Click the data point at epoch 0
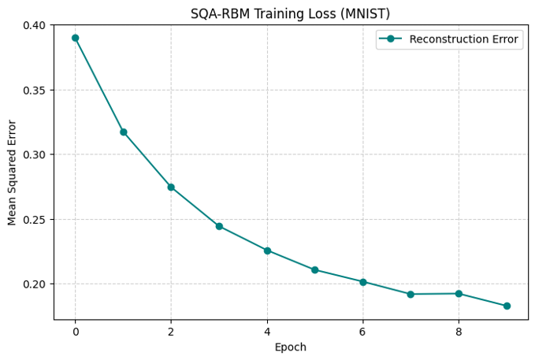click(x=76, y=38)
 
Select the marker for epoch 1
click(x=124, y=132)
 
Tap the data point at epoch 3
click(x=219, y=226)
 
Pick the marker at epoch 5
click(x=315, y=270)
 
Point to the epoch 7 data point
click(x=411, y=294)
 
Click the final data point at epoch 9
click(x=507, y=306)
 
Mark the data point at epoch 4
click(x=267, y=251)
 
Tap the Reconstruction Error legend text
click(x=463, y=39)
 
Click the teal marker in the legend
click(x=391, y=39)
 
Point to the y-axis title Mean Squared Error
click(x=12, y=173)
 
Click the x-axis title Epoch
click(x=291, y=347)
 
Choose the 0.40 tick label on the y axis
click(x=34, y=25)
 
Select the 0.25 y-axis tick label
click(x=34, y=220)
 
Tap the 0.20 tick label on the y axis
click(x=34, y=284)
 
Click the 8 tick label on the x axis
click(x=459, y=332)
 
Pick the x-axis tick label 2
click(x=171, y=332)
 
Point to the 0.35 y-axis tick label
click(x=34, y=90)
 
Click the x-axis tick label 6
click(x=362, y=332)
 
